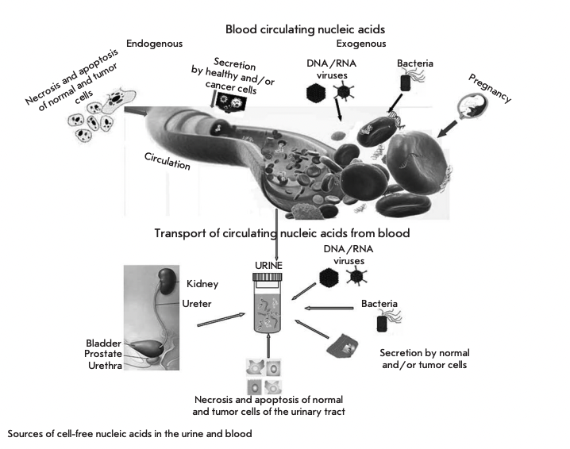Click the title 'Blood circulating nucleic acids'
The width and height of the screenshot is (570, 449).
(x=310, y=29)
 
